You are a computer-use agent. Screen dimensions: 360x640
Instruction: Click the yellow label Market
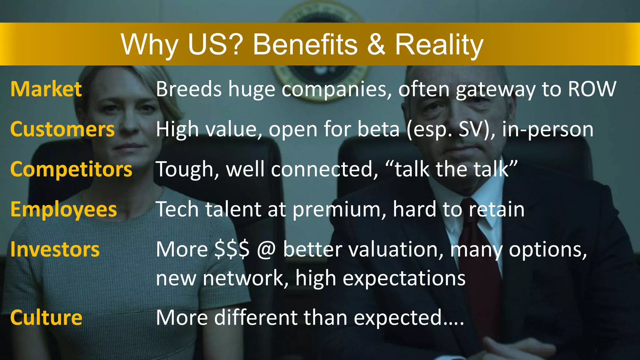click(x=46, y=89)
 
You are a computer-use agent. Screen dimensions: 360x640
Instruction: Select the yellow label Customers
click(x=62, y=129)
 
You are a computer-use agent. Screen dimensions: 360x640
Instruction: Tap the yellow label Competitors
click(x=71, y=169)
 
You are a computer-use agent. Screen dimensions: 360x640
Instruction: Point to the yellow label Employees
click(x=63, y=209)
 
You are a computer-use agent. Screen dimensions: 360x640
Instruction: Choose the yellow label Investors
click(x=55, y=250)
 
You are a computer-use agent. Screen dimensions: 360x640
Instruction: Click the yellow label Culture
click(x=46, y=317)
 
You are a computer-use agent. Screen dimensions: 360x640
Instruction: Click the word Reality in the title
click(x=439, y=45)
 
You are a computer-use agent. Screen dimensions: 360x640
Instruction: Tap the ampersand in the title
click(x=376, y=45)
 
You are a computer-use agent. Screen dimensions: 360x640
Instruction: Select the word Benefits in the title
click(x=305, y=45)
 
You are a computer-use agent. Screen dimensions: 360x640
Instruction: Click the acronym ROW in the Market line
click(x=592, y=89)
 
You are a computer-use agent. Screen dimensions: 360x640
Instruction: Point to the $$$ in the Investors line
click(x=232, y=250)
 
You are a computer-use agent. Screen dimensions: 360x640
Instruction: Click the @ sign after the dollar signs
click(x=266, y=250)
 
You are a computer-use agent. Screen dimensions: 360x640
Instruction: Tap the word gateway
click(x=496, y=90)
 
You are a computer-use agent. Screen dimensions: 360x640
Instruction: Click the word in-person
click(x=547, y=129)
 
